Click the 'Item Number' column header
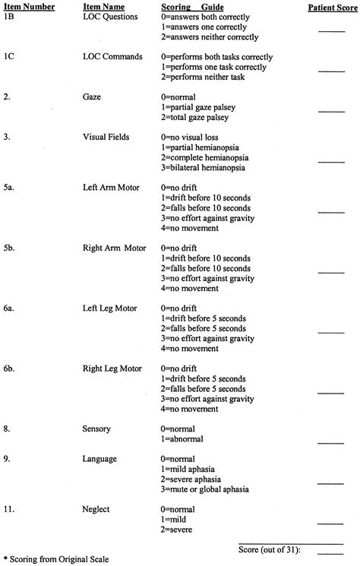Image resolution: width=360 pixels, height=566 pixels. (28, 6)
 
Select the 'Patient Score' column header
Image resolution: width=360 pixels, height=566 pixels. (331, 6)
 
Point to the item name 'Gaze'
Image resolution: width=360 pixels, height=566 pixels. (94, 98)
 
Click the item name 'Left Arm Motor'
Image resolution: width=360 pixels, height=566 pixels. (109, 187)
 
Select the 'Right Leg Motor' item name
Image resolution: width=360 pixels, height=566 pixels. (112, 368)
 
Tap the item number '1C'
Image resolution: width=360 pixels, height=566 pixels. (11, 57)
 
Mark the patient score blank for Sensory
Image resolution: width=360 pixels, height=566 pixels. (331, 441)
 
